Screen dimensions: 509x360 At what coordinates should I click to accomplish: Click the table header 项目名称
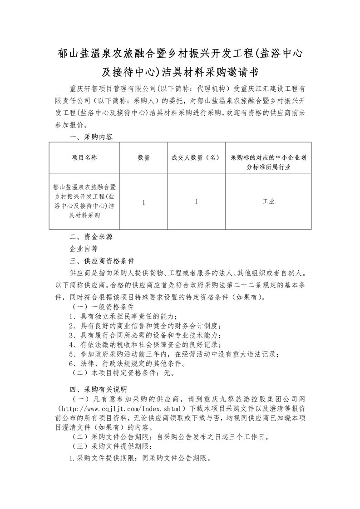point(84,157)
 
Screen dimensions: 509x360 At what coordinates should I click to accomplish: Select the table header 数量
point(143,157)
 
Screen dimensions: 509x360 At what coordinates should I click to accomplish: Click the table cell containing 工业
point(268,201)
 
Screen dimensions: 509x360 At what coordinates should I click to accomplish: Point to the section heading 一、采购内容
point(90,137)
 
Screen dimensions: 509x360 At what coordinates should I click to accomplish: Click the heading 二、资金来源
point(90,237)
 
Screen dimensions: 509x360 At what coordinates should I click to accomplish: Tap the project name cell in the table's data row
point(84,201)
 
